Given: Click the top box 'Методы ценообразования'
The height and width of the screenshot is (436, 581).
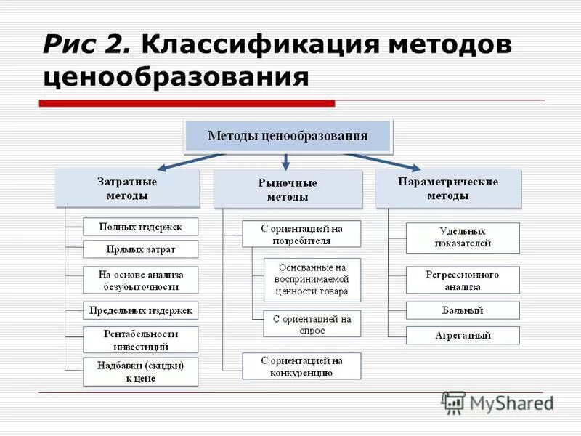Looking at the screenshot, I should coord(288,136).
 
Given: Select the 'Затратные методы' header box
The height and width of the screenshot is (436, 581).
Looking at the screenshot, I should coord(127,188).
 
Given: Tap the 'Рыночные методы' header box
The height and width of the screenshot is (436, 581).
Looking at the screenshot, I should coord(288,190).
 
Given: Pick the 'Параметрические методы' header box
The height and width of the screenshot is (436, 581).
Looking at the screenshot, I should coord(448,188).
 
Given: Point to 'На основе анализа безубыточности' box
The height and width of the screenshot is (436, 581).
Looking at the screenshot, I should coord(141,280).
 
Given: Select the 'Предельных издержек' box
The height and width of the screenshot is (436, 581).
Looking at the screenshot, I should coord(141,310).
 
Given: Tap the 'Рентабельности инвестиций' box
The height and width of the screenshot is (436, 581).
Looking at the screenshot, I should coord(141,339).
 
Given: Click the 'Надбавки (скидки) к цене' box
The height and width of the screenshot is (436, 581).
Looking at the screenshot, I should coord(141,371).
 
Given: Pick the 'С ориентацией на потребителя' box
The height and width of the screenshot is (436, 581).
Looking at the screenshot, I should coord(301,234).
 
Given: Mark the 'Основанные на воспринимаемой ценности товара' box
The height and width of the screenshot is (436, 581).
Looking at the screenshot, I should coord(312,280).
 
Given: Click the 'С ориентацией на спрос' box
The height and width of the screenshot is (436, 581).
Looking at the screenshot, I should coord(312,323).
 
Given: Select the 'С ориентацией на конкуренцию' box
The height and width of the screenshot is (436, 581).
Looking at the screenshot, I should coord(301,366).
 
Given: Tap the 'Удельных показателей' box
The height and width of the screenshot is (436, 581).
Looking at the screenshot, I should coord(463,238).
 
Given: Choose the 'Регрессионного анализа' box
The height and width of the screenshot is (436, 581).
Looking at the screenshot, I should coord(463,280).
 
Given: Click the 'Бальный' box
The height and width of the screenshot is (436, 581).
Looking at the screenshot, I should coord(463,310).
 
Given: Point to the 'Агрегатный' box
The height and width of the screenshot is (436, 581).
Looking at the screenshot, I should coord(463,335).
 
